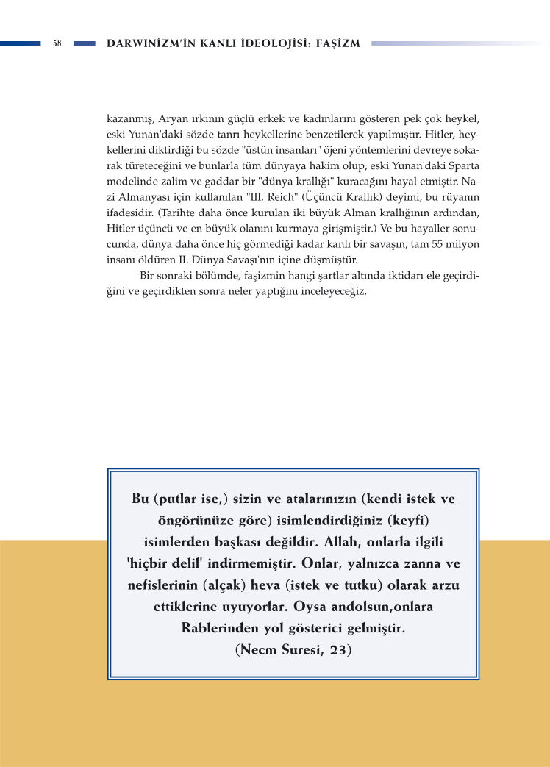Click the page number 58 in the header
pos(57,44)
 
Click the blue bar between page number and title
pos(85,44)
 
